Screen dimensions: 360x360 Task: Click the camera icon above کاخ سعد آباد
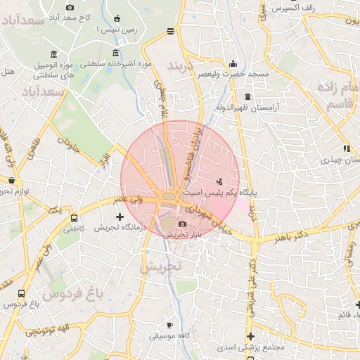(70, 7)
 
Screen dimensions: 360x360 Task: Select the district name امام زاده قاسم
(337, 96)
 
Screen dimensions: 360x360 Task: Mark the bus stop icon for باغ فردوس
(22, 294)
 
